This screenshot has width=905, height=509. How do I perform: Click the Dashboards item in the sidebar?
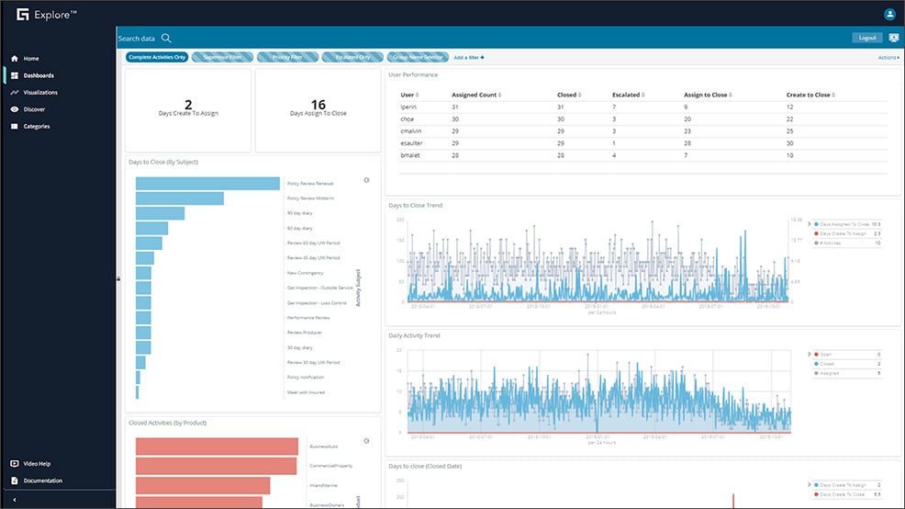[x=38, y=75]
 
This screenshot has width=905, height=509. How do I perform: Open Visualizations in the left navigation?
[x=40, y=93]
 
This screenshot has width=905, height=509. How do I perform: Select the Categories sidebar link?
[x=37, y=127]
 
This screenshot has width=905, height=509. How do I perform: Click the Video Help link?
[x=37, y=464]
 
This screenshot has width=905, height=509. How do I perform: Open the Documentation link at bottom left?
[x=42, y=481]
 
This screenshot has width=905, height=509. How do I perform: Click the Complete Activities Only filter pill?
[x=157, y=57]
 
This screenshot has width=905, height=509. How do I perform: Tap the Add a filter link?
[x=468, y=57]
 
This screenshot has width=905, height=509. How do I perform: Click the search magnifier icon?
[x=166, y=39]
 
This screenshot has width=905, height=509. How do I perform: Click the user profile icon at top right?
[x=888, y=14]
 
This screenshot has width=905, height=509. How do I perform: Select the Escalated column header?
[x=627, y=95]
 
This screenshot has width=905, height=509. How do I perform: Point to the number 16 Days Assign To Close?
[x=318, y=105]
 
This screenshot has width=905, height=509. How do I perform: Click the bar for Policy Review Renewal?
[x=207, y=183]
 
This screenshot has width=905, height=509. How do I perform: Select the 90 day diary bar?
[x=160, y=213]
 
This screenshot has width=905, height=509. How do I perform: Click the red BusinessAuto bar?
[x=217, y=447]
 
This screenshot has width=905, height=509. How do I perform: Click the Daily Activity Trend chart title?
[x=414, y=335]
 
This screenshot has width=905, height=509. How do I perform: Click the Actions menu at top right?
[x=888, y=57]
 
